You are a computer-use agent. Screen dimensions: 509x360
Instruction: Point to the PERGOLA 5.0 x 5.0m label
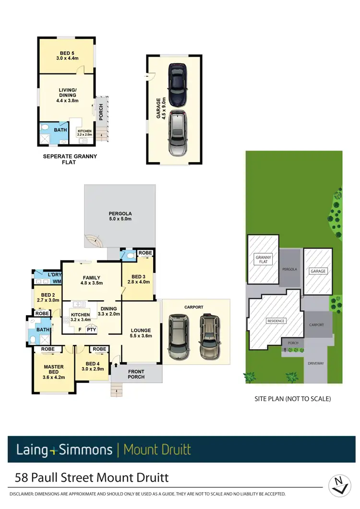click(120, 216)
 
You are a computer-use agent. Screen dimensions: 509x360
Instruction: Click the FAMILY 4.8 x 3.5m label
click(91, 280)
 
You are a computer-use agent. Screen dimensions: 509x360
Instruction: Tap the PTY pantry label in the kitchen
click(91, 330)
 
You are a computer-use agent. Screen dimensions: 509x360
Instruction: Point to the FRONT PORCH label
click(136, 374)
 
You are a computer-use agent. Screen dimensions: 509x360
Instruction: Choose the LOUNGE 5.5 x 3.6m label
click(140, 333)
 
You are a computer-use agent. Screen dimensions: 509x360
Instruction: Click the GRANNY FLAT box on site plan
click(263, 260)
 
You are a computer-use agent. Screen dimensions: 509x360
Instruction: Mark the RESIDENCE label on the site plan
click(276, 321)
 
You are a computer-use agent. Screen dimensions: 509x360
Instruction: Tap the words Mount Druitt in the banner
click(157, 450)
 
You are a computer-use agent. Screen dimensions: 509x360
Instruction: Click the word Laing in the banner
click(32, 450)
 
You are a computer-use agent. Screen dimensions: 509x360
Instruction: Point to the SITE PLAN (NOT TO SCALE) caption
click(293, 399)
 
